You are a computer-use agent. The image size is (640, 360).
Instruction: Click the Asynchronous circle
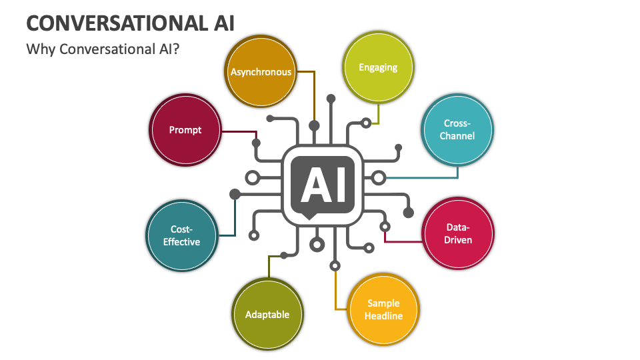261,72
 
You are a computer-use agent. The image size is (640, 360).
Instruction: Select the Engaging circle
378,67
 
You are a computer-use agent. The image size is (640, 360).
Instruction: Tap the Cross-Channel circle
458,130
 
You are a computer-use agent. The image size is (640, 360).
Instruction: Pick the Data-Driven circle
458,233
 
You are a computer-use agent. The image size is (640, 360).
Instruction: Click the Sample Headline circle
384,309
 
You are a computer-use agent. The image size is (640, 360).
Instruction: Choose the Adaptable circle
267,314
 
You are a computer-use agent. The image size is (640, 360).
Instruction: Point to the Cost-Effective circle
181,235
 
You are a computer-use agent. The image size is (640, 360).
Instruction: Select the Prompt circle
185,130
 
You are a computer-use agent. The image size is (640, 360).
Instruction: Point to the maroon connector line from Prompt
239,131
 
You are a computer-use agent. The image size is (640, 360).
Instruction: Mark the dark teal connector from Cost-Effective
235,217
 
